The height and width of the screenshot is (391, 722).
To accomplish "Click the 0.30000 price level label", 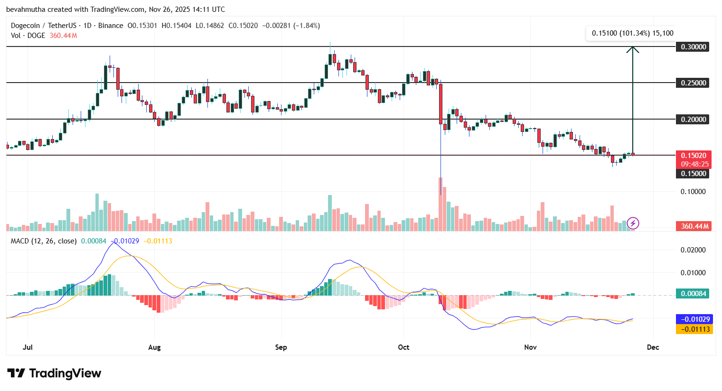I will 694,47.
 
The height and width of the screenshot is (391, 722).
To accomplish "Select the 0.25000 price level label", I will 694,83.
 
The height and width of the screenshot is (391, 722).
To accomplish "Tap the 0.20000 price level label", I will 694,119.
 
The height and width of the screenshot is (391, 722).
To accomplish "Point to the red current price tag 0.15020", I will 694,156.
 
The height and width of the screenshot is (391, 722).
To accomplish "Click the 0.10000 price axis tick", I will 694,192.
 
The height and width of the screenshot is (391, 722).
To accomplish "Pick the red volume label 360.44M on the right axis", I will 694,226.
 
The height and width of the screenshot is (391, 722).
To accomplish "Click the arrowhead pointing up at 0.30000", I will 632,49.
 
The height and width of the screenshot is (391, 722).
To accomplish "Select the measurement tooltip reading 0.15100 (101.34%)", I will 632,33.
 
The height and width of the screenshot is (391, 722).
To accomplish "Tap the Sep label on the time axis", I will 281,347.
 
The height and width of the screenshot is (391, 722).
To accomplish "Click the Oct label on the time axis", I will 403,347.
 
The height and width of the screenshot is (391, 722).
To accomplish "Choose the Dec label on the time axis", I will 653,347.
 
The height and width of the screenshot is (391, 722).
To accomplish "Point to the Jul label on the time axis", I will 28,347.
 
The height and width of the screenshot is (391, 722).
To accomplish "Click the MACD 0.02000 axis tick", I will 694,250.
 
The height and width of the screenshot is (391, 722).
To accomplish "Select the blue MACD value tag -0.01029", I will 694,319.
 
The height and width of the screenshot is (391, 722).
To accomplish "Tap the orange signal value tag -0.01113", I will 694,329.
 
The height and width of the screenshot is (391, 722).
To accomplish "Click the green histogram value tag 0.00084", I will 694,294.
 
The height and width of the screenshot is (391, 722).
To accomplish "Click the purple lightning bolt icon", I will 633,223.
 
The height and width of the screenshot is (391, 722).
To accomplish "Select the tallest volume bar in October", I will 441,204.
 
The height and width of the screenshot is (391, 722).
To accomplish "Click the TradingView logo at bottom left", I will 54,373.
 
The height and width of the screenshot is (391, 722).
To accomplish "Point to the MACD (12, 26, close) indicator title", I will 44,241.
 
